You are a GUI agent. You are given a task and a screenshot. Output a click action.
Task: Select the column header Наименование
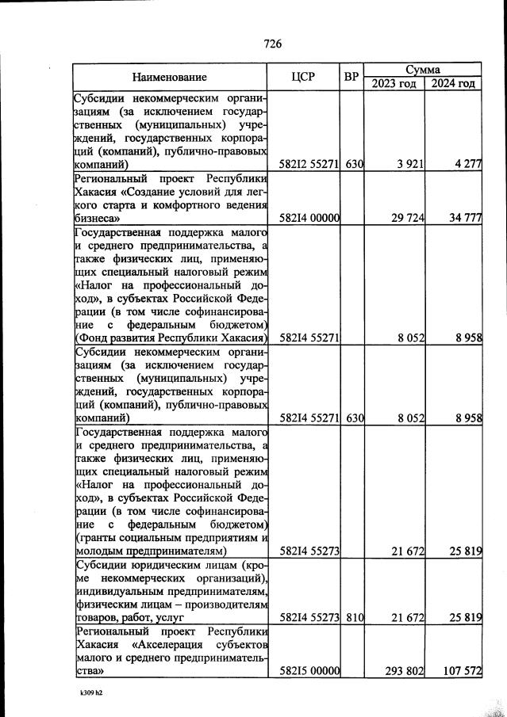170,77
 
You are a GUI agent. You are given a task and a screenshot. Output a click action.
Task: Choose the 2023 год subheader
393,84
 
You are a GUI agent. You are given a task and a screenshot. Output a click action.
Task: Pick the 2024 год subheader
453,84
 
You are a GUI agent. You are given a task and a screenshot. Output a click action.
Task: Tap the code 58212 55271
310,165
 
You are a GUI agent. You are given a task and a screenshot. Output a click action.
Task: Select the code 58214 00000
310,217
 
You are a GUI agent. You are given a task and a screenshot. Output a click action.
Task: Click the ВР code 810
354,616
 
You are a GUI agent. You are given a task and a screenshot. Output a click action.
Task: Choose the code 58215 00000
310,670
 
